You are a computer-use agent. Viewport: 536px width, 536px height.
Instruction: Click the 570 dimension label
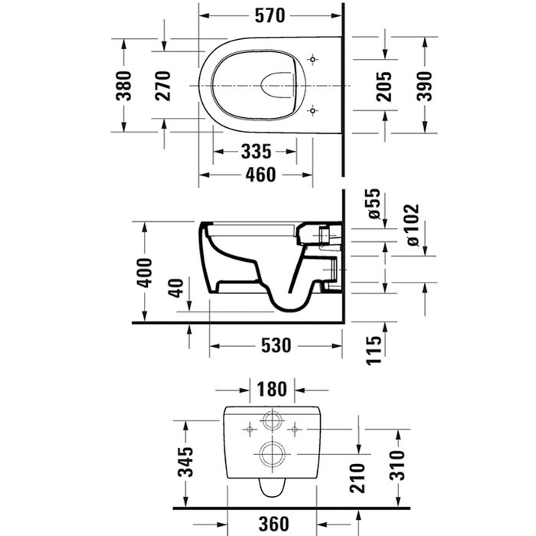pyautogui.click(x=270, y=16)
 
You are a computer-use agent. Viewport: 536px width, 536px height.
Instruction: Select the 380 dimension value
pyautogui.click(x=124, y=86)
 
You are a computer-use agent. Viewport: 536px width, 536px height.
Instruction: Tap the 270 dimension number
pyautogui.click(x=162, y=86)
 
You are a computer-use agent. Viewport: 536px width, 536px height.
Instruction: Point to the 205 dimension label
pyautogui.click(x=384, y=87)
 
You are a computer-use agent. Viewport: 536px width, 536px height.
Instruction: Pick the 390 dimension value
pyautogui.click(x=424, y=87)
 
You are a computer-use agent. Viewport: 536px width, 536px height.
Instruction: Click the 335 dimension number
pyautogui.click(x=256, y=152)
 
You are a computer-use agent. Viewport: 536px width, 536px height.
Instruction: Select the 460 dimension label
pyautogui.click(x=260, y=175)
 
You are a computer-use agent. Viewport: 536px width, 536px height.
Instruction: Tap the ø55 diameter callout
pyautogui.click(x=373, y=204)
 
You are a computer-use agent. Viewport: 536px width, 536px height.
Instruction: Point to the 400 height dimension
pyautogui.click(x=144, y=273)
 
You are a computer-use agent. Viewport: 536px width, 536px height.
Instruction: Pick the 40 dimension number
pyautogui.click(x=176, y=288)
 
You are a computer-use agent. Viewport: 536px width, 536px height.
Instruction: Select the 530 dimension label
pyautogui.click(x=276, y=345)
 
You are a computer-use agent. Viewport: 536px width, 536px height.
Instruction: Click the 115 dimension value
pyautogui.click(x=374, y=351)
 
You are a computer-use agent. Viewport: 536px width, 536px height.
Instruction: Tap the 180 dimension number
pyautogui.click(x=272, y=389)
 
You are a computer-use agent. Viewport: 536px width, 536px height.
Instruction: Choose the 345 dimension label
pyautogui.click(x=185, y=462)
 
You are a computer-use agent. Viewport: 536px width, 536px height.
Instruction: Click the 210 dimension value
pyautogui.click(x=358, y=478)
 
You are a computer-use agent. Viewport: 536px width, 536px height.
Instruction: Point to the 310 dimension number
pyautogui.click(x=397, y=466)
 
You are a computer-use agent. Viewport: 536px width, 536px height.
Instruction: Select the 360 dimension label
pyautogui.click(x=274, y=524)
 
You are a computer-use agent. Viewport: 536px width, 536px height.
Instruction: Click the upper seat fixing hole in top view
pyautogui.click(x=312, y=59)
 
